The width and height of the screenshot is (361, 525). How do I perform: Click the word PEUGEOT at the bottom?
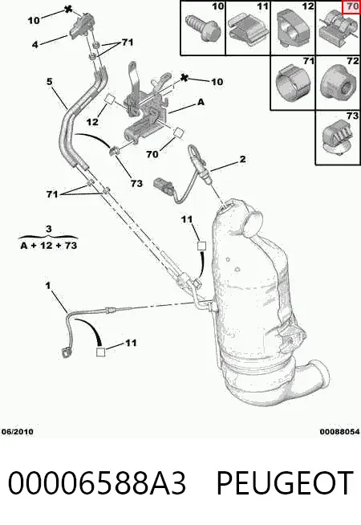coord(285,482)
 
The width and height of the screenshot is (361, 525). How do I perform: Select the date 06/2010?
coord(18,432)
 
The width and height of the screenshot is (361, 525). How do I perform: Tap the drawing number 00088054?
coord(339,432)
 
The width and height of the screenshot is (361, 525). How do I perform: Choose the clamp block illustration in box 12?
coord(293,28)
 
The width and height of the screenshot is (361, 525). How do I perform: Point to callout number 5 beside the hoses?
coord(50,81)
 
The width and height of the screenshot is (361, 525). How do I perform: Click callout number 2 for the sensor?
coord(242,159)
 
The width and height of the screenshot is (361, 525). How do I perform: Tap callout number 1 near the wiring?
coord(48,286)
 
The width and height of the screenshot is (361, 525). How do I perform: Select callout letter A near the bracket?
coord(201,102)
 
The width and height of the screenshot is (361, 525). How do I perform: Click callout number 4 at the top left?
coord(35,44)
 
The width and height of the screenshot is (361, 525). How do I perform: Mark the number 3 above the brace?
coord(49,229)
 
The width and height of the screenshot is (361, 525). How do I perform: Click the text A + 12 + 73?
coord(49,246)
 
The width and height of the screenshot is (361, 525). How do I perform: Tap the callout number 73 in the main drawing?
coord(136,183)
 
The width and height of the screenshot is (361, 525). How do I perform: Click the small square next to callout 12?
coord(110,99)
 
